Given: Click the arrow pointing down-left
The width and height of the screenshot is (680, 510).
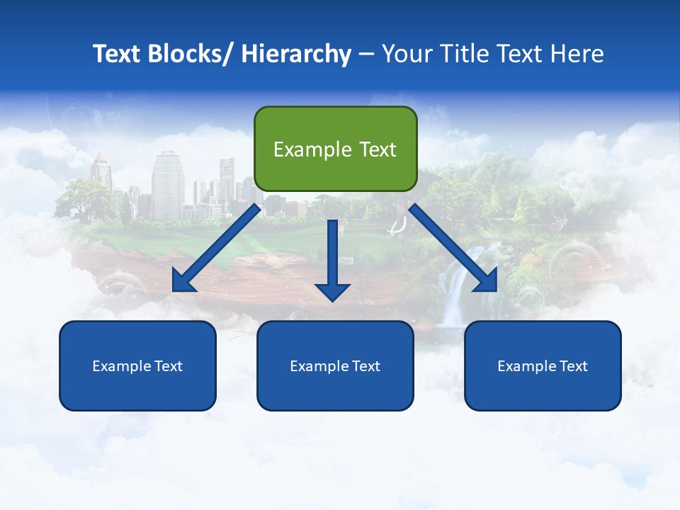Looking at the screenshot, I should [x=216, y=248].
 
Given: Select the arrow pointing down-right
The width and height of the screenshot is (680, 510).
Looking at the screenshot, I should [x=453, y=248].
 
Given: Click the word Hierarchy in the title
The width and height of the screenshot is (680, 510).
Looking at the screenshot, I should [x=296, y=54].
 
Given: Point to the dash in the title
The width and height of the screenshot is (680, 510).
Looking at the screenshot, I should [x=366, y=55].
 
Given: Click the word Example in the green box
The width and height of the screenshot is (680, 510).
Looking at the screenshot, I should [x=307, y=149].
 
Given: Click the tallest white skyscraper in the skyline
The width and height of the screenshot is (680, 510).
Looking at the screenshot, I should [x=168, y=184].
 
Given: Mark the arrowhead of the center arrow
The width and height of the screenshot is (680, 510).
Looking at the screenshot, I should [x=333, y=291].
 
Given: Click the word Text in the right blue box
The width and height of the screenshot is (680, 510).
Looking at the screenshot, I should [x=573, y=366].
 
